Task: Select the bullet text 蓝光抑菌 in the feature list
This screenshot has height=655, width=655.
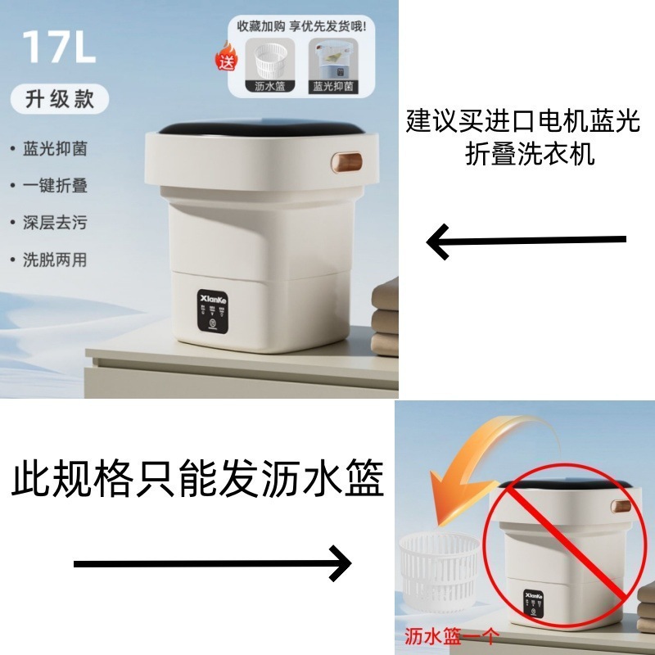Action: point(56,150)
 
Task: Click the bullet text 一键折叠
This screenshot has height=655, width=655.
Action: point(56,186)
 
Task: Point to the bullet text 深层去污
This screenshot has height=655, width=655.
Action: point(56,223)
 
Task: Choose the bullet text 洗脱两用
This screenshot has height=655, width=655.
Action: point(56,260)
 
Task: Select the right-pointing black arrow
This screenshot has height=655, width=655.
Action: point(213,563)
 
